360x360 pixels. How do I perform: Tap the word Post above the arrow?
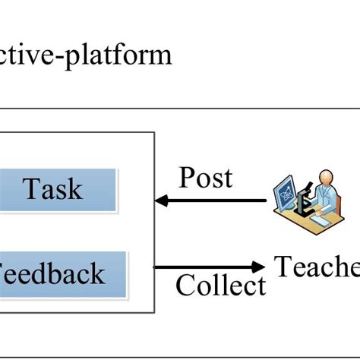click(x=206, y=178)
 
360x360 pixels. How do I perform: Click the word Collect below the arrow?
click(x=221, y=286)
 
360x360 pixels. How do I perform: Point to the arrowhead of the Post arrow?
click(x=160, y=201)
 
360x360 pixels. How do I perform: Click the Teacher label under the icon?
click(x=316, y=267)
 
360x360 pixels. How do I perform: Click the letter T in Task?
click(x=30, y=188)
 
